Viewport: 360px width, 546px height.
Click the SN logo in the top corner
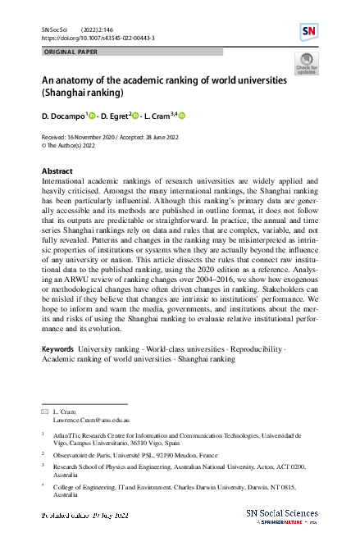tap(309, 31)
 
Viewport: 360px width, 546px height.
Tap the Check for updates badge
tap(306, 63)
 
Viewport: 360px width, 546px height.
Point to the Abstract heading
tap(57, 170)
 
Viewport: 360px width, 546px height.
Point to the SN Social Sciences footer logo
tap(280, 515)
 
